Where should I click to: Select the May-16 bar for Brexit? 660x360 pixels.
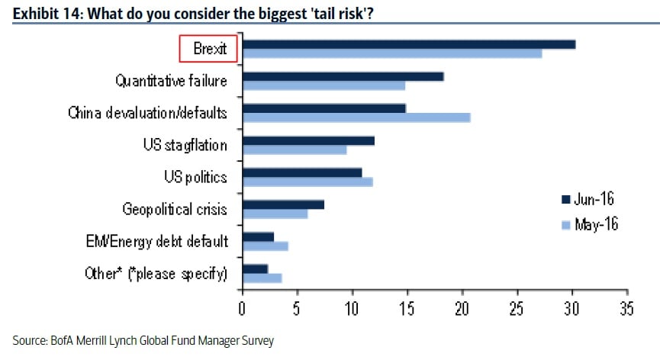pyautogui.click(x=392, y=53)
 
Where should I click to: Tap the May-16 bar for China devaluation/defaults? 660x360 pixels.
pyautogui.click(x=356, y=117)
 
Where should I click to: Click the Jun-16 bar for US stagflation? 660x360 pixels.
pyautogui.click(x=308, y=140)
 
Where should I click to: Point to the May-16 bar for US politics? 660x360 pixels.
pyautogui.click(x=307, y=182)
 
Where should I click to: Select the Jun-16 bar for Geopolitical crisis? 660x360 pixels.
pyautogui.click(x=283, y=204)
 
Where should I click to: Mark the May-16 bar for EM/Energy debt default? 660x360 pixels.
pyautogui.click(x=265, y=246)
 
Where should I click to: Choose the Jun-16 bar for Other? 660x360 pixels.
pyautogui.click(x=255, y=268)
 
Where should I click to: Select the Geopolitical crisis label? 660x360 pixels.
pyautogui.click(x=175, y=209)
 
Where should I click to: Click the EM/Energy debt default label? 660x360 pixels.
pyautogui.click(x=156, y=242)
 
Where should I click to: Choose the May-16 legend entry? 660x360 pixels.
pyautogui.click(x=589, y=224)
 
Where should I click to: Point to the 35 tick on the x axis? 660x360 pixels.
pyautogui.click(x=627, y=310)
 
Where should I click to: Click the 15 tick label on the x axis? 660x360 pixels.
pyautogui.click(x=407, y=310)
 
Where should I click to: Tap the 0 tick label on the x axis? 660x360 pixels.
pyautogui.click(x=242, y=310)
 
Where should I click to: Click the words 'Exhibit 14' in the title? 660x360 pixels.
pyautogui.click(x=42, y=12)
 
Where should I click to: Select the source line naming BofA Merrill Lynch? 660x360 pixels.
pyautogui.click(x=143, y=341)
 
